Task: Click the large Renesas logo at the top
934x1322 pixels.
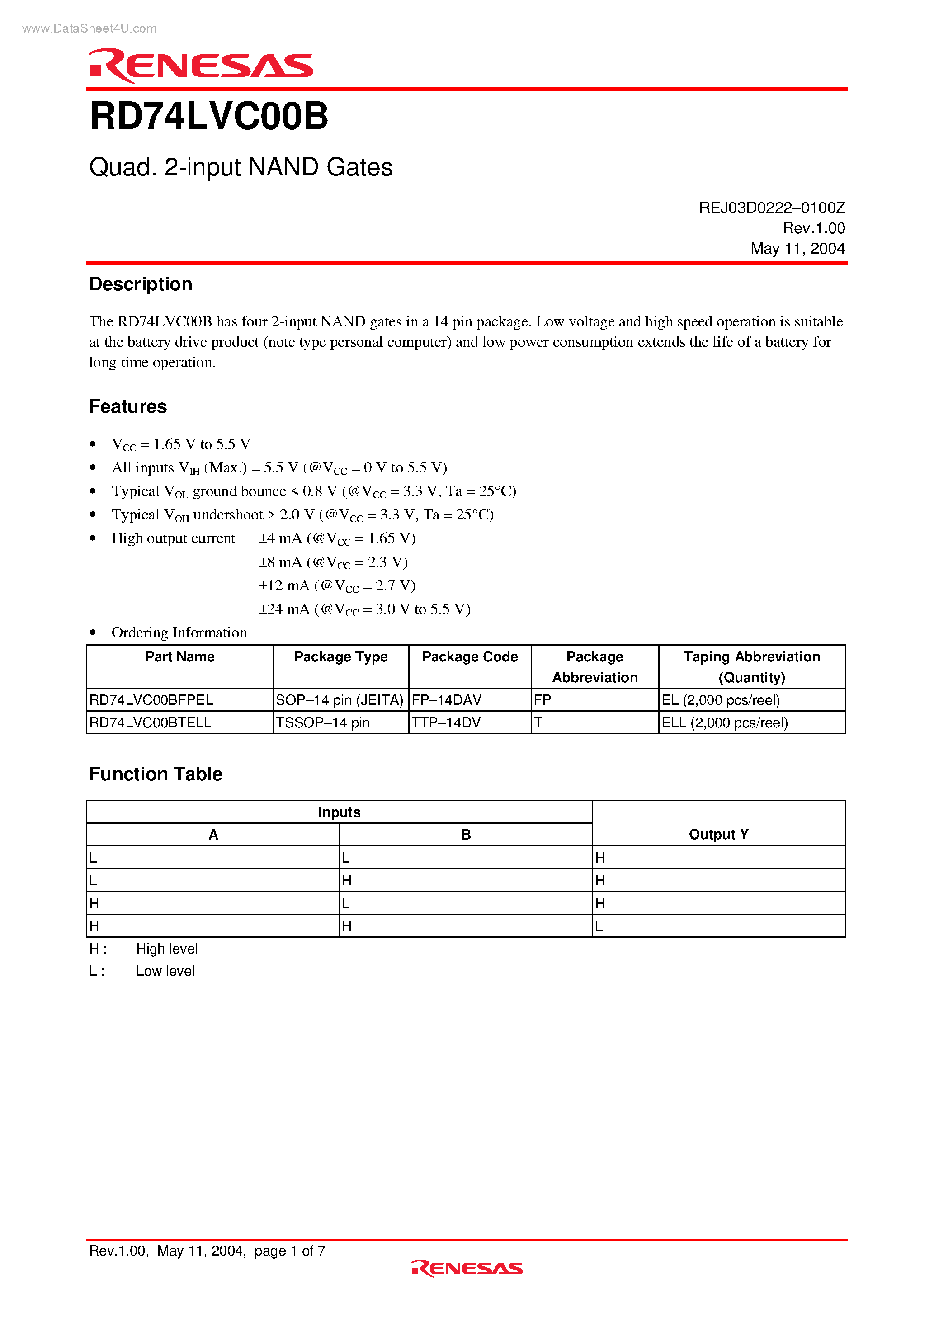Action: coord(200,66)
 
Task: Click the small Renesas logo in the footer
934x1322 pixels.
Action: coord(467,1268)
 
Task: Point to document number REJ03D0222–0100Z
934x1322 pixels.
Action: coord(771,208)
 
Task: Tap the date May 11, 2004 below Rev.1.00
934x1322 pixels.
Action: coord(797,249)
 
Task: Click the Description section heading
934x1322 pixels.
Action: coord(141,284)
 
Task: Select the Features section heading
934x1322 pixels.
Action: coord(128,407)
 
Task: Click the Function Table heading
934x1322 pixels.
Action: coord(156,774)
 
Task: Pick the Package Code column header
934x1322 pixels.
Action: coord(469,657)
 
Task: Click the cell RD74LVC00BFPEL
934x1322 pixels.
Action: coord(151,700)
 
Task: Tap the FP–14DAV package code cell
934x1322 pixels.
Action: coord(446,700)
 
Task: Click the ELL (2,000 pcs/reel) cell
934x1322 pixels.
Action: coord(724,722)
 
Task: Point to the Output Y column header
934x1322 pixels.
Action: coord(718,834)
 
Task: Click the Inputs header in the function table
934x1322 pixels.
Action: coord(339,812)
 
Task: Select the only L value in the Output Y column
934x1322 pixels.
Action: coord(599,926)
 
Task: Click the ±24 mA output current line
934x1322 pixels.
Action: coord(364,609)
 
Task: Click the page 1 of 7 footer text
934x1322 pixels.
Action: coord(290,1251)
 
